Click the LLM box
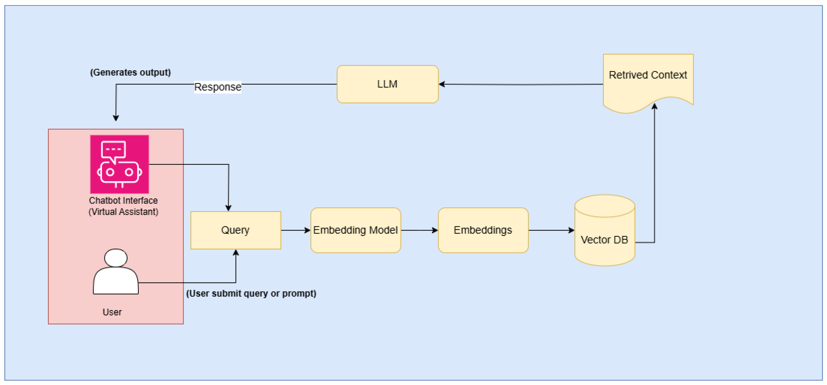tap(388, 84)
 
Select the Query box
tap(236, 230)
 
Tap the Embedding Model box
tap(355, 230)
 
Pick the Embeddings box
tap(483, 230)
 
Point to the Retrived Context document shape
tap(648, 80)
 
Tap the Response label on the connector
tap(218, 87)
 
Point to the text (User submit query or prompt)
tap(251, 293)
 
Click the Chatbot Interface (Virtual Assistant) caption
tap(123, 206)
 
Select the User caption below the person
tap(112, 312)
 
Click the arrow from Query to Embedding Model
tap(295, 230)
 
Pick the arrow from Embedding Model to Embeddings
tap(419, 230)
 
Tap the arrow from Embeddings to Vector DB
tap(551, 230)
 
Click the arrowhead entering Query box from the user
tap(236, 253)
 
